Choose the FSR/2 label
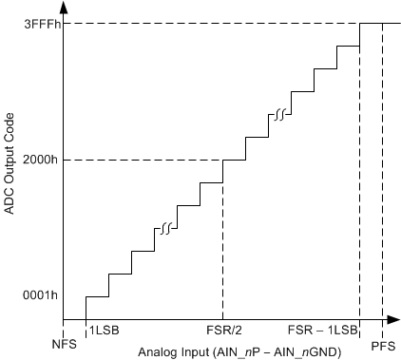222,331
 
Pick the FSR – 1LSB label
326,331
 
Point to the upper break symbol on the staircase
280,115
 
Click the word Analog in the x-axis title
158,351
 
